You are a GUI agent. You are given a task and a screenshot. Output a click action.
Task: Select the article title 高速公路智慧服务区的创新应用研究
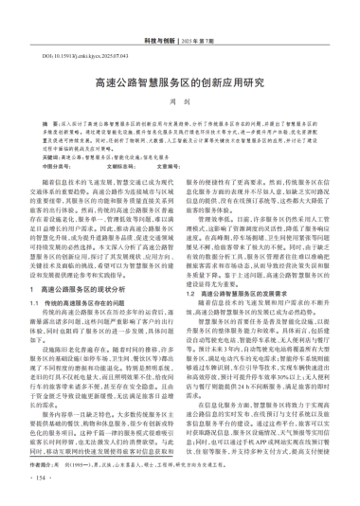(x=180, y=83)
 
